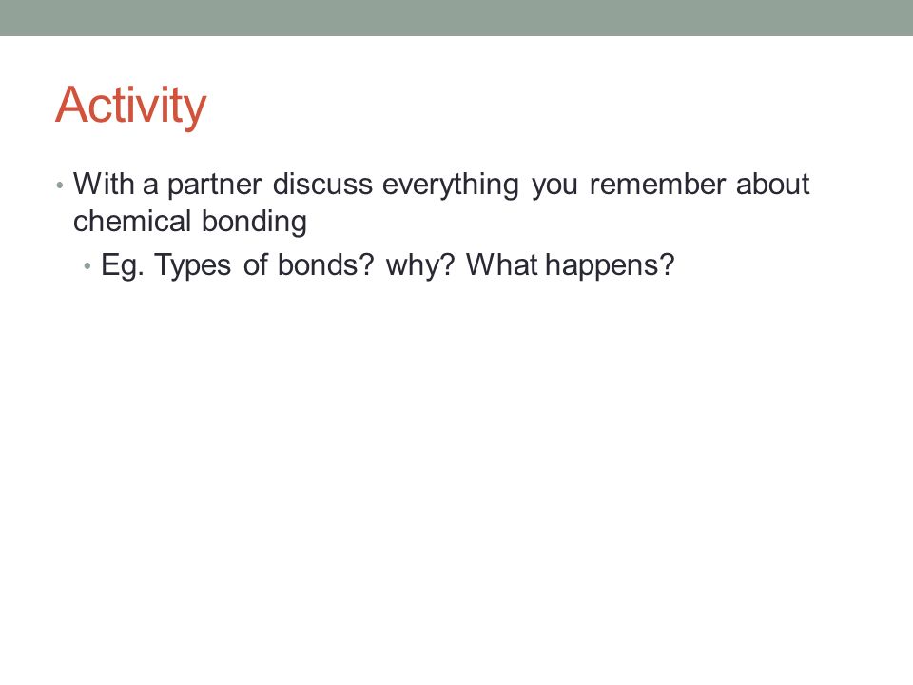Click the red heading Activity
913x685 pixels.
[x=131, y=106]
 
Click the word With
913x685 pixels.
[x=104, y=184]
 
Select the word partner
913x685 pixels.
[x=214, y=186]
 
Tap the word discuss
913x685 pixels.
[x=322, y=184]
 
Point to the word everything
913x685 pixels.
[x=450, y=186]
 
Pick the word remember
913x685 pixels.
[x=657, y=184]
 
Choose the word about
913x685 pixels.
[x=772, y=184]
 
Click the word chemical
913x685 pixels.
[x=132, y=221]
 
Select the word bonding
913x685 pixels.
[x=255, y=223]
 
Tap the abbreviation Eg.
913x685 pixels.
[x=123, y=266]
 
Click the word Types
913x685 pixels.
[x=193, y=266]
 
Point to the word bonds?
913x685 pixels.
[x=325, y=264]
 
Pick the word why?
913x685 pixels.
[x=419, y=266]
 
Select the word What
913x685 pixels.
[x=503, y=264]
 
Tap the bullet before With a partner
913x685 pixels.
[x=59, y=186]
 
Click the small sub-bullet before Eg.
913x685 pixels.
[x=87, y=266]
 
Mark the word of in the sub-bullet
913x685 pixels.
[x=255, y=264]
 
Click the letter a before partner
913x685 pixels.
[x=150, y=187]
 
